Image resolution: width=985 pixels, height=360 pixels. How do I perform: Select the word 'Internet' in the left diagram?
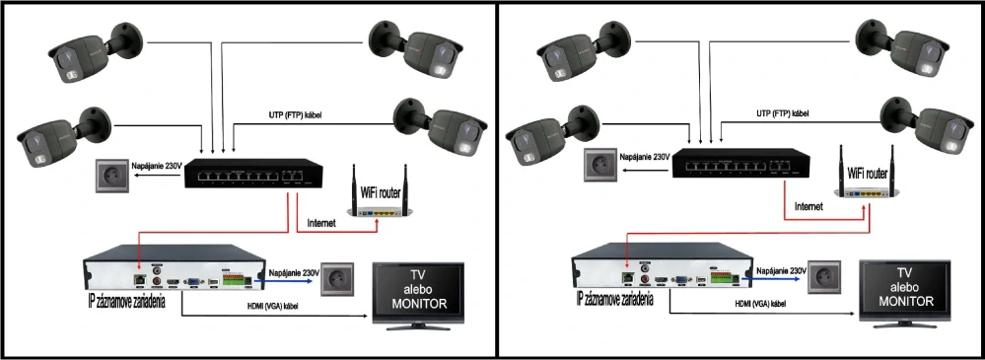pos(322,223)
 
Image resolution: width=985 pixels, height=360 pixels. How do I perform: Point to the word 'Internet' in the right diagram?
pos(809,207)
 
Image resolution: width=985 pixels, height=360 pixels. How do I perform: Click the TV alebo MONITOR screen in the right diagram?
pos(904,291)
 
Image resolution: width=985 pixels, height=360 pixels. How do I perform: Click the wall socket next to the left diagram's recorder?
pos(334,278)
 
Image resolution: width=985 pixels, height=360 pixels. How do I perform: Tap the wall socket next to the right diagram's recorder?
pos(823,275)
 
